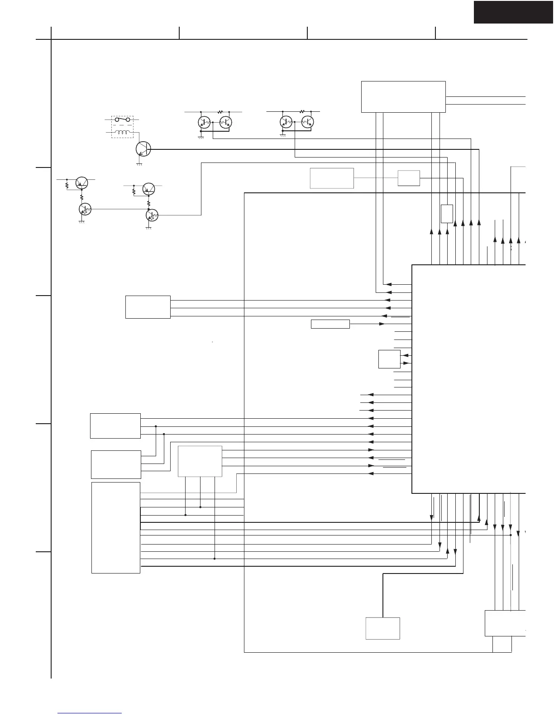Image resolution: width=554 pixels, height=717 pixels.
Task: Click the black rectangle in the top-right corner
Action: tap(513, 12)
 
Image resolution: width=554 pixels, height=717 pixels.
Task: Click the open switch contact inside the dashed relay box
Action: tap(122, 120)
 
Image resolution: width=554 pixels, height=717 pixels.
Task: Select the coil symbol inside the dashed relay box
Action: tap(122, 133)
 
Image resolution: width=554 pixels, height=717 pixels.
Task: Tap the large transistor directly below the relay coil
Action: tap(143, 148)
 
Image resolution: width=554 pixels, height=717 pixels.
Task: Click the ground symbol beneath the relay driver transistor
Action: tap(139, 163)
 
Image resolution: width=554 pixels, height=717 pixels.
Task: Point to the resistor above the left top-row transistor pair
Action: tap(221, 111)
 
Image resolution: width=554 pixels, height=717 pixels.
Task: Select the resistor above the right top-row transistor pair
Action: tap(302, 111)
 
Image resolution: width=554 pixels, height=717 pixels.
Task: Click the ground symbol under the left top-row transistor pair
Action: tap(201, 136)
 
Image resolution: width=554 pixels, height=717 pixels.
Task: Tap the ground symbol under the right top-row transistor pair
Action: tap(282, 135)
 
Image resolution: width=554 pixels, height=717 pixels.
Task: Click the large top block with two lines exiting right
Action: tap(403, 97)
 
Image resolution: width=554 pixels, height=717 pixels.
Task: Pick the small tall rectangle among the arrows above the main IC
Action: tap(447, 214)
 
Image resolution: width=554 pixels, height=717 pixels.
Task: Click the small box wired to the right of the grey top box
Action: tap(409, 178)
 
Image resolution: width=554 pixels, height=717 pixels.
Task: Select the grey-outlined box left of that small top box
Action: tap(332, 178)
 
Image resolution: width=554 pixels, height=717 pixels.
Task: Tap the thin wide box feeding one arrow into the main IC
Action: tap(330, 324)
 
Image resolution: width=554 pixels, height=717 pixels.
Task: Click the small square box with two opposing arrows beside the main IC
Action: tap(389, 359)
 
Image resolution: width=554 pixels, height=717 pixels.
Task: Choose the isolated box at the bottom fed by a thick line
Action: tap(382, 628)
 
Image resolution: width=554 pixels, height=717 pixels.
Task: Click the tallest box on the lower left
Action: tap(116, 528)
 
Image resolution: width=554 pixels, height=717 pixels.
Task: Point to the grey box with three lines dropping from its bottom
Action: tap(200, 461)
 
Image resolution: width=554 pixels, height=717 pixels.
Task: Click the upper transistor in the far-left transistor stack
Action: tap(82, 182)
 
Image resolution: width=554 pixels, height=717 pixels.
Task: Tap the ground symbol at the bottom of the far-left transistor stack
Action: tap(82, 223)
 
